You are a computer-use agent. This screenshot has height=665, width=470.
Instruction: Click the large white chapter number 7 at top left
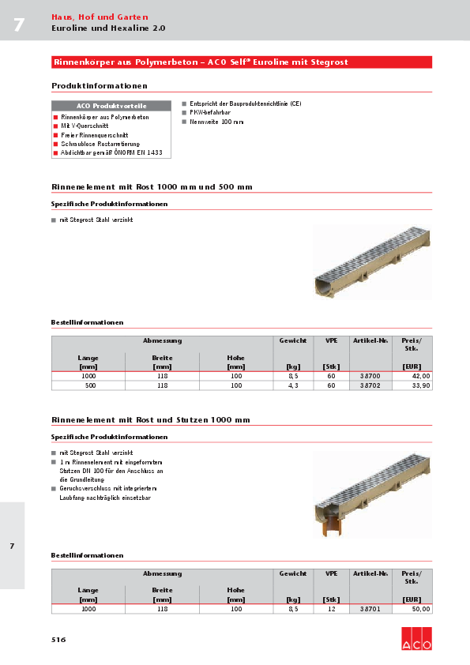[x=18, y=24]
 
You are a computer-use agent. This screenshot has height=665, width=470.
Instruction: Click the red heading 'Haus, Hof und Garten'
[x=99, y=17]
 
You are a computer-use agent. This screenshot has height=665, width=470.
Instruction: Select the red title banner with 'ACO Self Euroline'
[x=241, y=62]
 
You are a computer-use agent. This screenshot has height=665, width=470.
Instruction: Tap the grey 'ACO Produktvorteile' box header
[x=111, y=106]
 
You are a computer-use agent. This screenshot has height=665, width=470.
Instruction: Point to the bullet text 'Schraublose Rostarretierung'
[x=95, y=144]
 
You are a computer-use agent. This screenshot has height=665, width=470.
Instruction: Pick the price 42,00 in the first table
[x=420, y=376]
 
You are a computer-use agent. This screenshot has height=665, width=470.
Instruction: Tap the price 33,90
[x=420, y=385]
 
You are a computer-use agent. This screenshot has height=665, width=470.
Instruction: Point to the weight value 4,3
[x=293, y=385]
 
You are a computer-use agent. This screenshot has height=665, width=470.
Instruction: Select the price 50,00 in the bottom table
[x=420, y=609]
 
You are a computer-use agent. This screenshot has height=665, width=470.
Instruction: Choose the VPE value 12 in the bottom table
[x=331, y=609]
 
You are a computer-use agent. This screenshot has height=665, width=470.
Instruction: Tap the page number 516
[x=58, y=638]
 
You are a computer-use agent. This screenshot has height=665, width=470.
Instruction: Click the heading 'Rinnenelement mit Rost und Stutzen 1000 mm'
[x=152, y=419]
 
